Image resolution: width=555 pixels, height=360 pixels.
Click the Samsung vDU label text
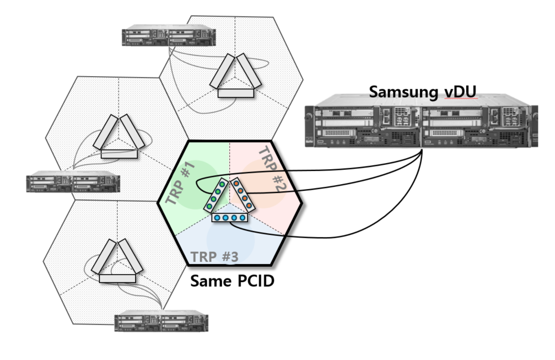423,91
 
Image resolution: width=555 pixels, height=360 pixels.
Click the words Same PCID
232,281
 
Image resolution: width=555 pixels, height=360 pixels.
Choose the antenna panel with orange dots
243,194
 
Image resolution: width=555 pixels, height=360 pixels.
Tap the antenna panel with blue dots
230,218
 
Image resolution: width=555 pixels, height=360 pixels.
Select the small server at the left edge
73,182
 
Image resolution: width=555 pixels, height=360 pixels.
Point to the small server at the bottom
161,323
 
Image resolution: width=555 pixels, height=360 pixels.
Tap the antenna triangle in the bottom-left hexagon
117,262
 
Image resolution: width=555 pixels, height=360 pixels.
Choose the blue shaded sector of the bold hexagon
231,243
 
